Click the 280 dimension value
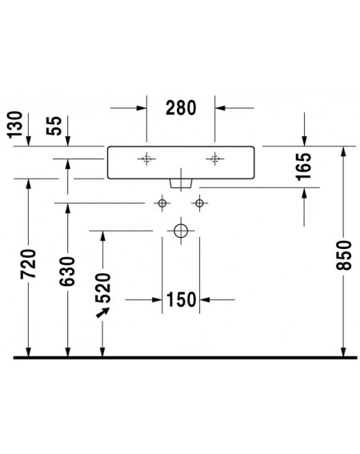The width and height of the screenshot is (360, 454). point(181,108)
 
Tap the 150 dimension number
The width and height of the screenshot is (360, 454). point(182,299)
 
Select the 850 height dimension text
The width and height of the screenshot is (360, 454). point(344,255)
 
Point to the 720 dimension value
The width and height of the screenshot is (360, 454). point(28,263)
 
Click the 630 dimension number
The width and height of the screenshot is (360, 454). point(67,271)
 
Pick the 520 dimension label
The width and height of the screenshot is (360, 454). point(103,287)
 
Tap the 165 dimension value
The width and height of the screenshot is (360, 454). point(304,167)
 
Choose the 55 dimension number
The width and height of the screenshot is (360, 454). point(54,126)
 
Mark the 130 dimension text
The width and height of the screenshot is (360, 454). point(14,124)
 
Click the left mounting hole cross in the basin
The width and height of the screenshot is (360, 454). point(146,159)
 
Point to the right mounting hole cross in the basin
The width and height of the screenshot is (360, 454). point(214,159)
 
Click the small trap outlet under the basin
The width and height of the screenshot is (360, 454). point(181,183)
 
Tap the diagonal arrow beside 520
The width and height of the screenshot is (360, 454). point(102,313)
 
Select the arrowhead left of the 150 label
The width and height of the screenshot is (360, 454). point(157,299)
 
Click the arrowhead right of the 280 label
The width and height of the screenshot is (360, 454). point(220,108)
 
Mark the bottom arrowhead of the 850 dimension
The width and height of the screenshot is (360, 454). point(343,352)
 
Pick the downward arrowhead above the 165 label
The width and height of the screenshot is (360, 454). point(304,141)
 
